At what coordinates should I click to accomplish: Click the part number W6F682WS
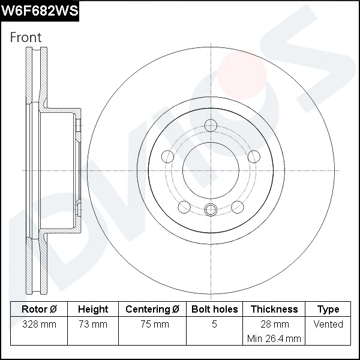pos(40,11)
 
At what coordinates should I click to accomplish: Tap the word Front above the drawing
pos(26,37)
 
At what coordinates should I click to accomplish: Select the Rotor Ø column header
pos(39,310)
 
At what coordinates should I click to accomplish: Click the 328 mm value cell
pos(39,325)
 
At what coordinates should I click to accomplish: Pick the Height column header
pos(93,310)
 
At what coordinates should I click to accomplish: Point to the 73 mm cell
pos(93,325)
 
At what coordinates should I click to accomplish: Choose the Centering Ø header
pos(152,310)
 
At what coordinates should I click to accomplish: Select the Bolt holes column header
pos(214,310)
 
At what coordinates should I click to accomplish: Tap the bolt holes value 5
pos(214,325)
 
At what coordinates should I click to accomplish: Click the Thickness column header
pos(274,310)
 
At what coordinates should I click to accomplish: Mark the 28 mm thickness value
pos(274,325)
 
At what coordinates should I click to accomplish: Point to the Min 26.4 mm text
pos(274,339)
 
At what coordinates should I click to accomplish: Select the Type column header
pos(328,310)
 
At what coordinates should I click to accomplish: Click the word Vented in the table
pos(328,325)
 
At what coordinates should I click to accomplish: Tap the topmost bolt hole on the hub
pos(210,125)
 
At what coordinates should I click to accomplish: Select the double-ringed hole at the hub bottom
pos(210,209)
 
